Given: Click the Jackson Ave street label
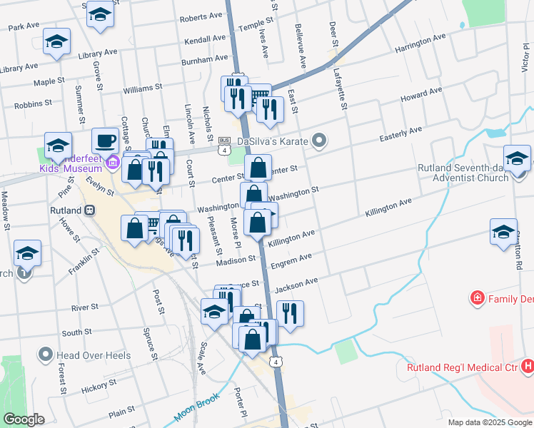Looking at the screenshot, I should [296, 285].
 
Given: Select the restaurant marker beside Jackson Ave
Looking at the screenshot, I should [290, 313].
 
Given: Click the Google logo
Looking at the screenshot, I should [24, 419].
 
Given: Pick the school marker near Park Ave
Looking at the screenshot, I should [56, 42].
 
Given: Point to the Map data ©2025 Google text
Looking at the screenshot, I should [489, 422].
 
